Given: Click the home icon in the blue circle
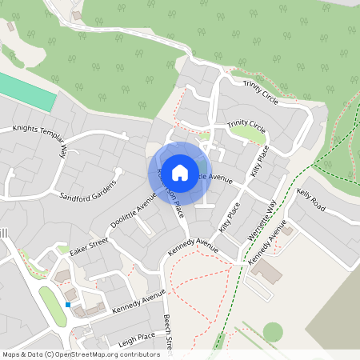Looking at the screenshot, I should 180,171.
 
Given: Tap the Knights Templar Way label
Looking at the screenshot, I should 38,137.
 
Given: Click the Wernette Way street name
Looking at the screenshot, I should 266,218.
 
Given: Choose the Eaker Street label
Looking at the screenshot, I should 88,242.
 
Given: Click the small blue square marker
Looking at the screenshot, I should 68,305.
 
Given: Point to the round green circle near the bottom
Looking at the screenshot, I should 273,331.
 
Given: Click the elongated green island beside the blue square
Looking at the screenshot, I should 52,307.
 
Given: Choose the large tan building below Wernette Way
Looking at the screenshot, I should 266,272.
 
